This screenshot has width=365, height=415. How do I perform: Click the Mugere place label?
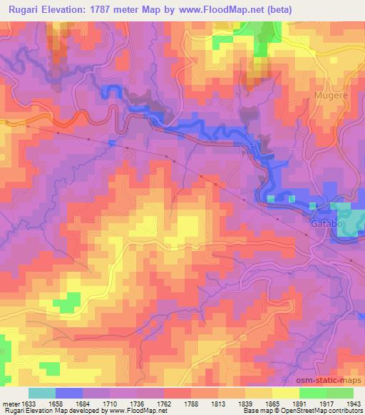click(331, 94)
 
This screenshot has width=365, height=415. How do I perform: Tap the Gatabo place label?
click(327, 223)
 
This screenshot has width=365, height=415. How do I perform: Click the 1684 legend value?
click(91, 403)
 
